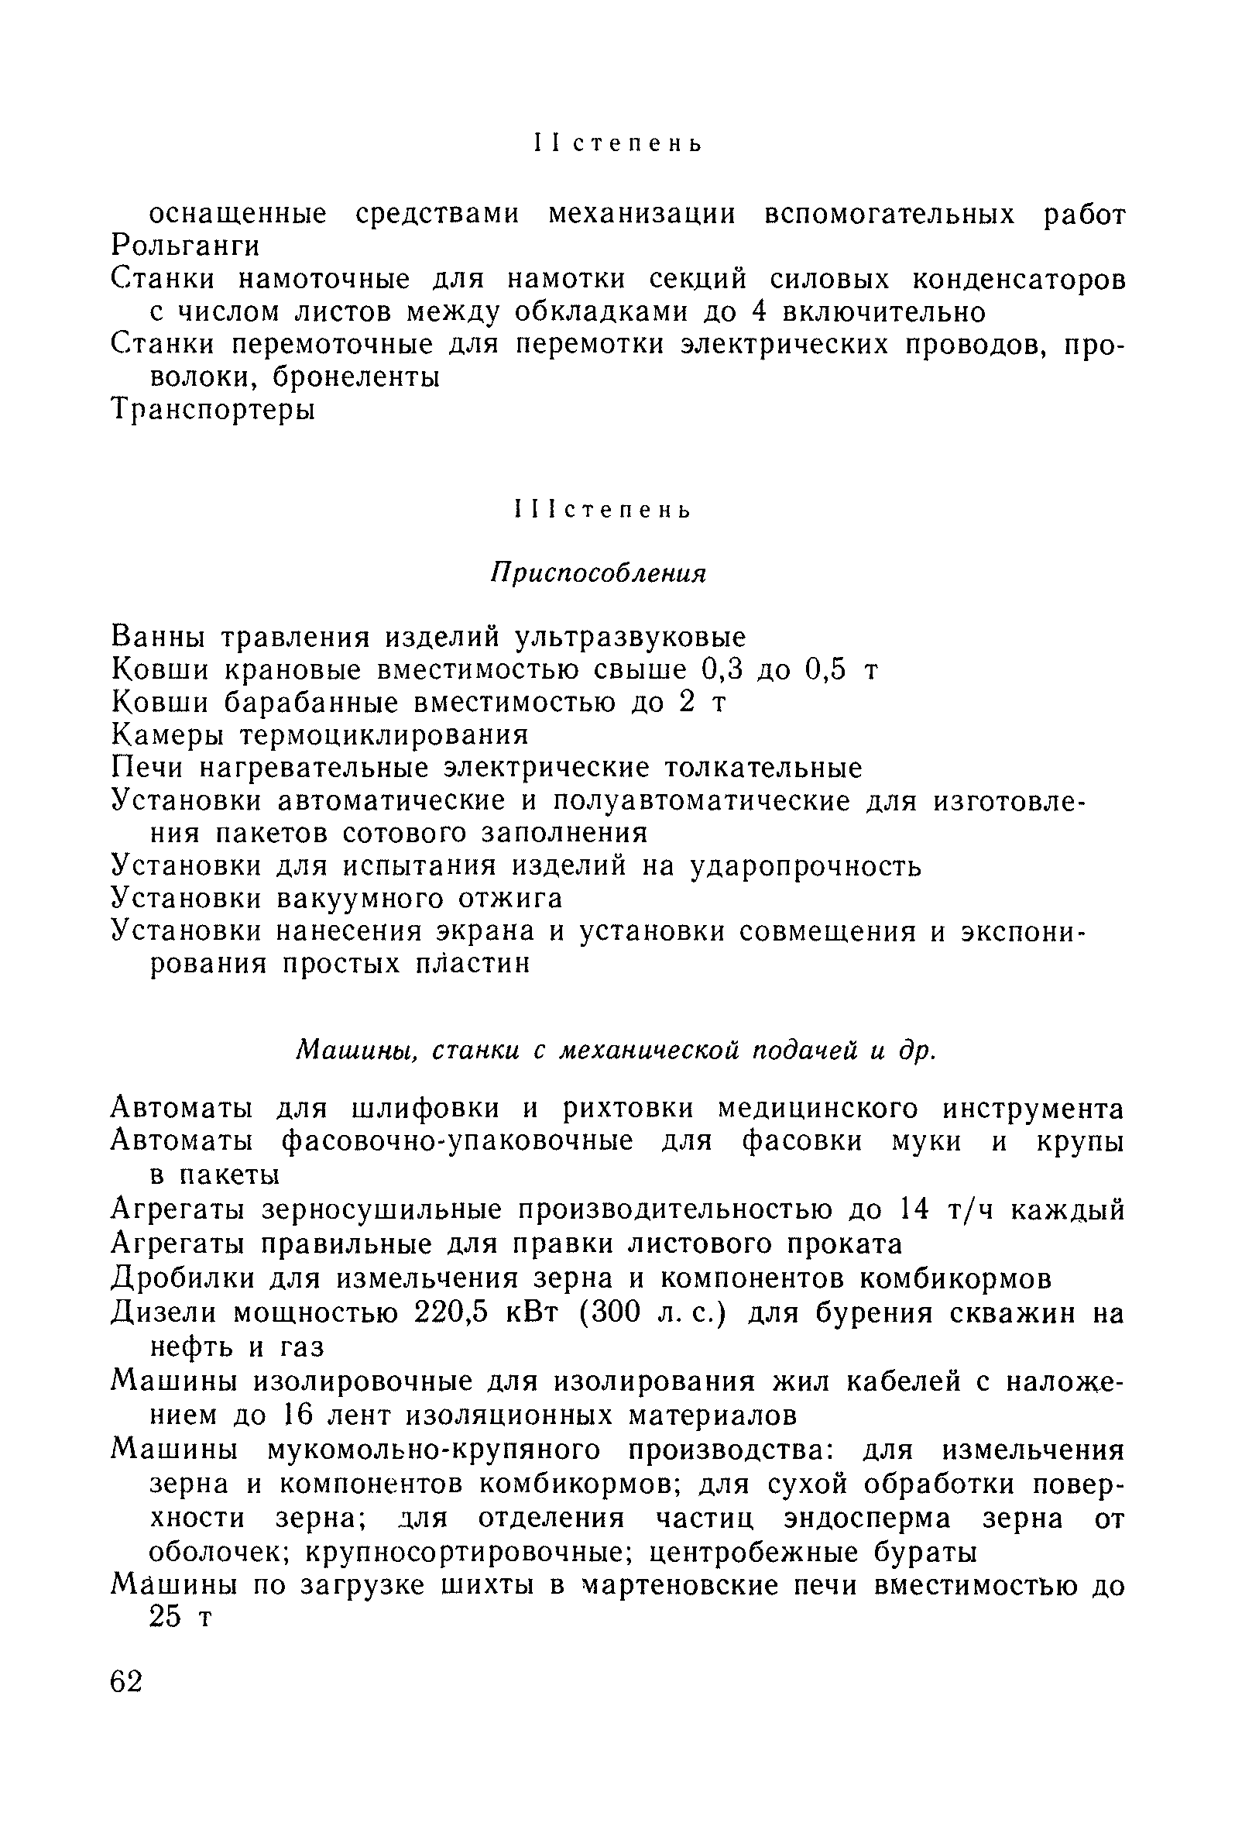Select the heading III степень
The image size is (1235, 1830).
(602, 511)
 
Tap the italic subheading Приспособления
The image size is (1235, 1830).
(599, 574)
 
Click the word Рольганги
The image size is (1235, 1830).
(186, 247)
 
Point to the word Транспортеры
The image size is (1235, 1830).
(213, 410)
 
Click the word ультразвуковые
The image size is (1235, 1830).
(629, 636)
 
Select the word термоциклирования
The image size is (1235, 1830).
(384, 734)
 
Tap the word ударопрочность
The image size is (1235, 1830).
(805, 866)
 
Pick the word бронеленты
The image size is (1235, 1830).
(355, 378)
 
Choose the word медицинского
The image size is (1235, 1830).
(818, 1109)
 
